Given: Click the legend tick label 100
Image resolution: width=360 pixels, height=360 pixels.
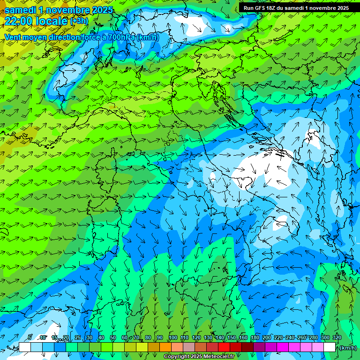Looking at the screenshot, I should (x=172, y=337).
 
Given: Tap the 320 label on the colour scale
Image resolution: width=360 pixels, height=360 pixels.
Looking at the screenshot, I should (x=337, y=337).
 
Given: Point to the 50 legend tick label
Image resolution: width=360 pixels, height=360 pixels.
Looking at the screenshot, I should (x=112, y=337).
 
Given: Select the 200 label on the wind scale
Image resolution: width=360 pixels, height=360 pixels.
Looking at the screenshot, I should (x=266, y=337).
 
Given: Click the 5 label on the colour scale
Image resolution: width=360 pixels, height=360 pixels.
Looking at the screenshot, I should (x=30, y=337).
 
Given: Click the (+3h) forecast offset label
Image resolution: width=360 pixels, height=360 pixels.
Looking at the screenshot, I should (x=79, y=21).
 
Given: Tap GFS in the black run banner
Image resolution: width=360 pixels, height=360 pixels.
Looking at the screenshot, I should (x=261, y=8).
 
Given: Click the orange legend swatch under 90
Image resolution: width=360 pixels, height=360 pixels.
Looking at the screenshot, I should (x=165, y=347).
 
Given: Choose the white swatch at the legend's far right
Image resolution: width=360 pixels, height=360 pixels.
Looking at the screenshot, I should (x=330, y=347).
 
